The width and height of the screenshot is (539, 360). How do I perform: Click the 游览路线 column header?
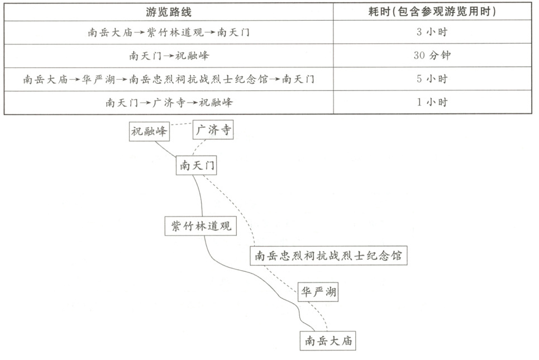point(168,12)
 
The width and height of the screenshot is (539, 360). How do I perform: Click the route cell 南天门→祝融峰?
point(168,56)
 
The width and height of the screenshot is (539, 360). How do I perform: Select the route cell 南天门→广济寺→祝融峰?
point(168,103)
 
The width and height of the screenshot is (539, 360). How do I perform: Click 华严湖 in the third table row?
point(98,79)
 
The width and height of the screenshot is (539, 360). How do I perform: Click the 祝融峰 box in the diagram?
point(149,132)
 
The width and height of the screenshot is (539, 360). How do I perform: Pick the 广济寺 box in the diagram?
point(213,131)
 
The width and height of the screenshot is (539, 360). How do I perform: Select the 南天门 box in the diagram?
point(197,165)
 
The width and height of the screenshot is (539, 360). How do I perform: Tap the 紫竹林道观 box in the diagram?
point(201,226)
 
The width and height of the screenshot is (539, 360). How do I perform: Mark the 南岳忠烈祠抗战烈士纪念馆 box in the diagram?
point(328,256)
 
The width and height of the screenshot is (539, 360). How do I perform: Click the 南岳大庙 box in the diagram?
point(328,340)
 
